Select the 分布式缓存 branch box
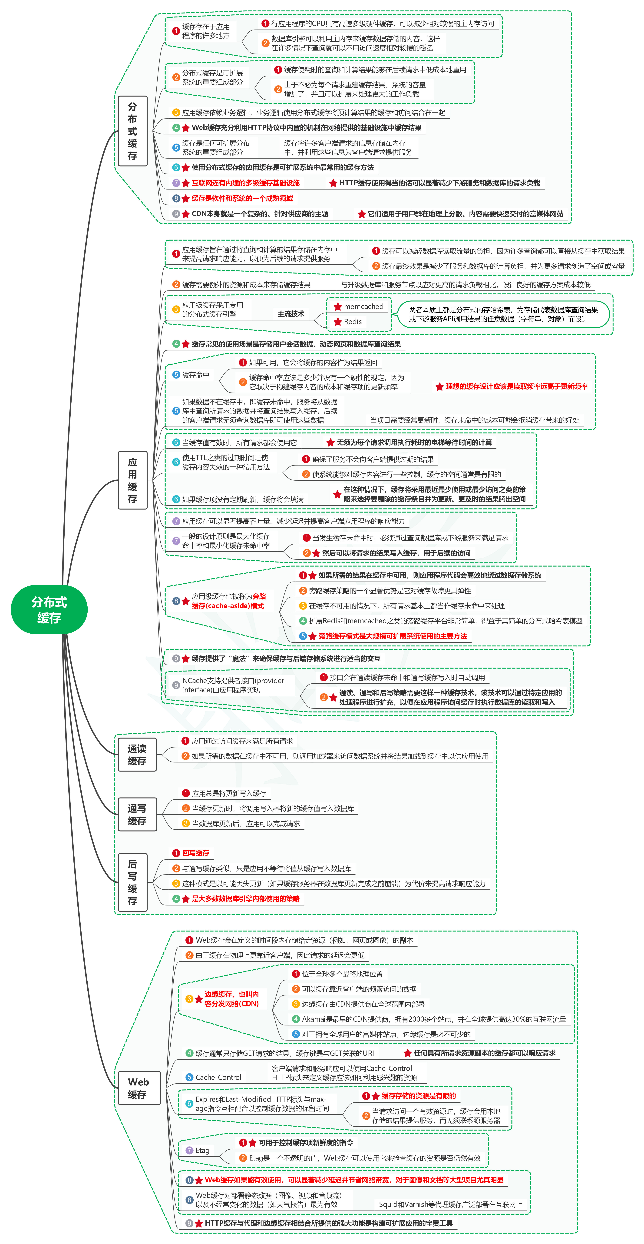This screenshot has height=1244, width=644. (132, 131)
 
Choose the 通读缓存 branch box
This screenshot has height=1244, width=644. (137, 754)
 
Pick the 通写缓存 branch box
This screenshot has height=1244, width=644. (137, 814)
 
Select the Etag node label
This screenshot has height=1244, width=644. (202, 1150)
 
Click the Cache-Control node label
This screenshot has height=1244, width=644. (218, 1077)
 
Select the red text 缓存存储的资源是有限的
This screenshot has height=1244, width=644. (419, 1096)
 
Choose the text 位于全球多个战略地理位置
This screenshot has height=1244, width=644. (342, 974)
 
